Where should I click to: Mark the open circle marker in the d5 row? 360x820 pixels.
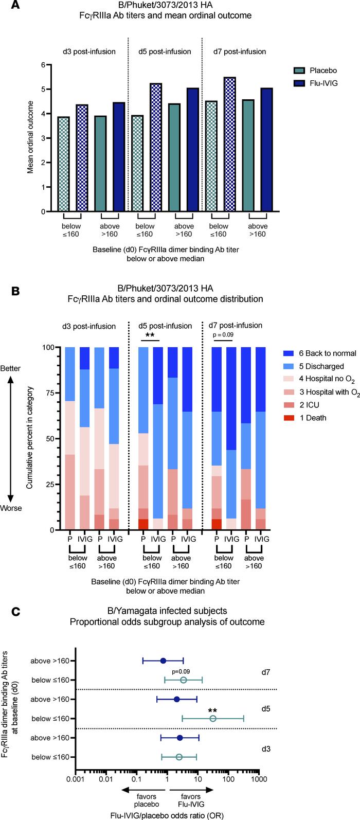click(213, 718)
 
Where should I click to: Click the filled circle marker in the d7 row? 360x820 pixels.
click(163, 661)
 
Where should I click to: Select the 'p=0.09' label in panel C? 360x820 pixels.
click(182, 671)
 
